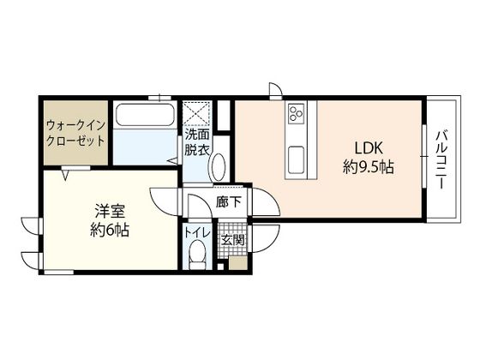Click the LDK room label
point(369,149)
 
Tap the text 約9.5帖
point(369,167)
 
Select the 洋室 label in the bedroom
point(110,211)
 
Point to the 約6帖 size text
point(110,230)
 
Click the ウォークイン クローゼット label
point(75,133)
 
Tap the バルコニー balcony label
point(441,159)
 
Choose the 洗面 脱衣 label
point(196,142)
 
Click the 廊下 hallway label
point(229,202)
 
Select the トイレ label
point(197,233)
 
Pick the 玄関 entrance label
point(233,241)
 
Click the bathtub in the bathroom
point(144,115)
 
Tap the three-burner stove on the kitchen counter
point(297,112)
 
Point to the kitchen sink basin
point(297,159)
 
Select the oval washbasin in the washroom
point(218,166)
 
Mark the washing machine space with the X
point(196,113)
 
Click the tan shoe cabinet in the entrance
point(238,263)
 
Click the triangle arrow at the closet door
point(66,175)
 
